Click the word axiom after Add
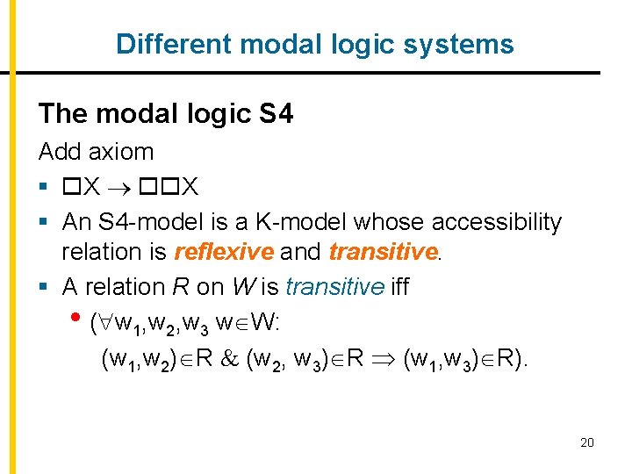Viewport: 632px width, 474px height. click(x=121, y=151)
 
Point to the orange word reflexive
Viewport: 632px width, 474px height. click(x=224, y=253)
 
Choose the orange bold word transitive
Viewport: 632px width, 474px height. click(x=383, y=253)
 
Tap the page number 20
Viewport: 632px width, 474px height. click(x=587, y=442)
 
